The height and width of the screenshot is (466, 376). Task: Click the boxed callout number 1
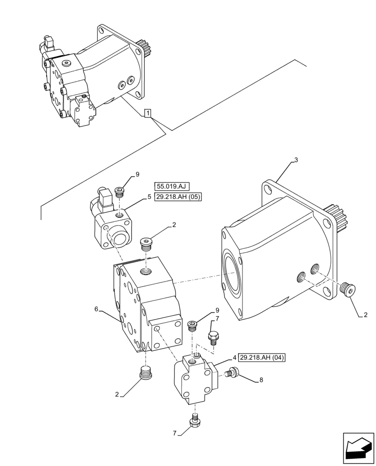pos(148,113)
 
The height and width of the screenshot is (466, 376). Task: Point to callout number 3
pos(296,160)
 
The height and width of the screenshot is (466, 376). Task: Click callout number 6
pos(96,308)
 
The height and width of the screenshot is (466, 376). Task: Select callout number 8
pos(261,380)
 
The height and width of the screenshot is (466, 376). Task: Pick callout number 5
pos(149,197)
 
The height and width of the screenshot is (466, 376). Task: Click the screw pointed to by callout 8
pos(231,372)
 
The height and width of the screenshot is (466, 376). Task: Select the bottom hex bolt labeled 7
pos(195,421)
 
